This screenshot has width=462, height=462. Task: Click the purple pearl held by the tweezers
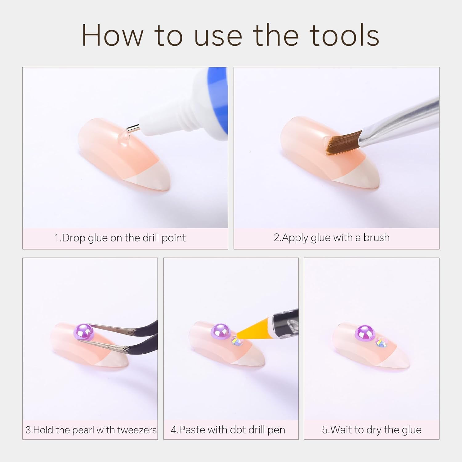tap(83, 332)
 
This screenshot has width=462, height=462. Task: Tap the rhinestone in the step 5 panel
tap(381, 342)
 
